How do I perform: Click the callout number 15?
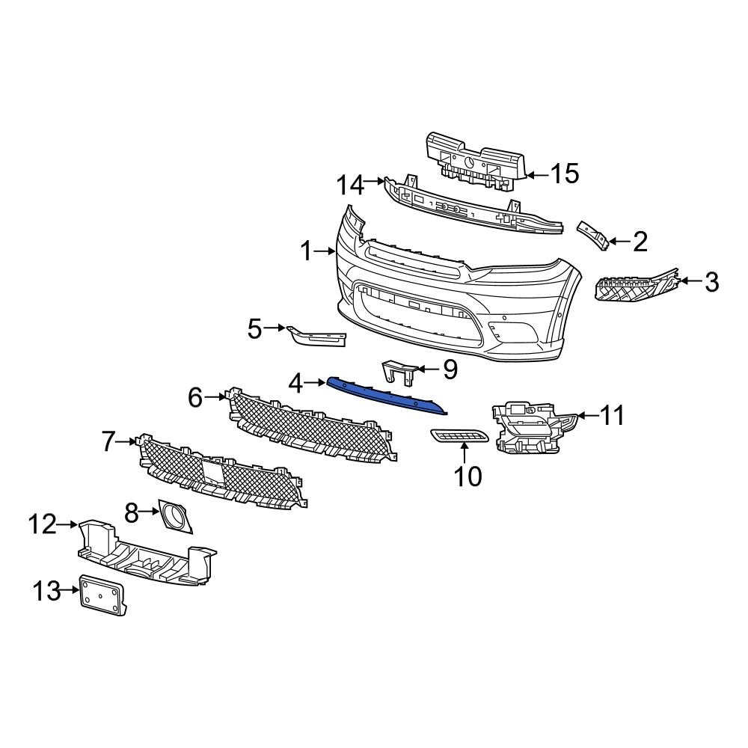coord(565,174)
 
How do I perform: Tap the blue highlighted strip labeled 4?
coord(385,393)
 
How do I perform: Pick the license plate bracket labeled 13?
coord(103,595)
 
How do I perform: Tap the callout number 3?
coord(711,282)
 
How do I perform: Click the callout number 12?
coord(43,524)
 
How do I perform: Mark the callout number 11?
coord(613,415)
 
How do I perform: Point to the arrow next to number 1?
coord(325,252)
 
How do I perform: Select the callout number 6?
coord(195,397)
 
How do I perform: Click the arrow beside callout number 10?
coord(465,450)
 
